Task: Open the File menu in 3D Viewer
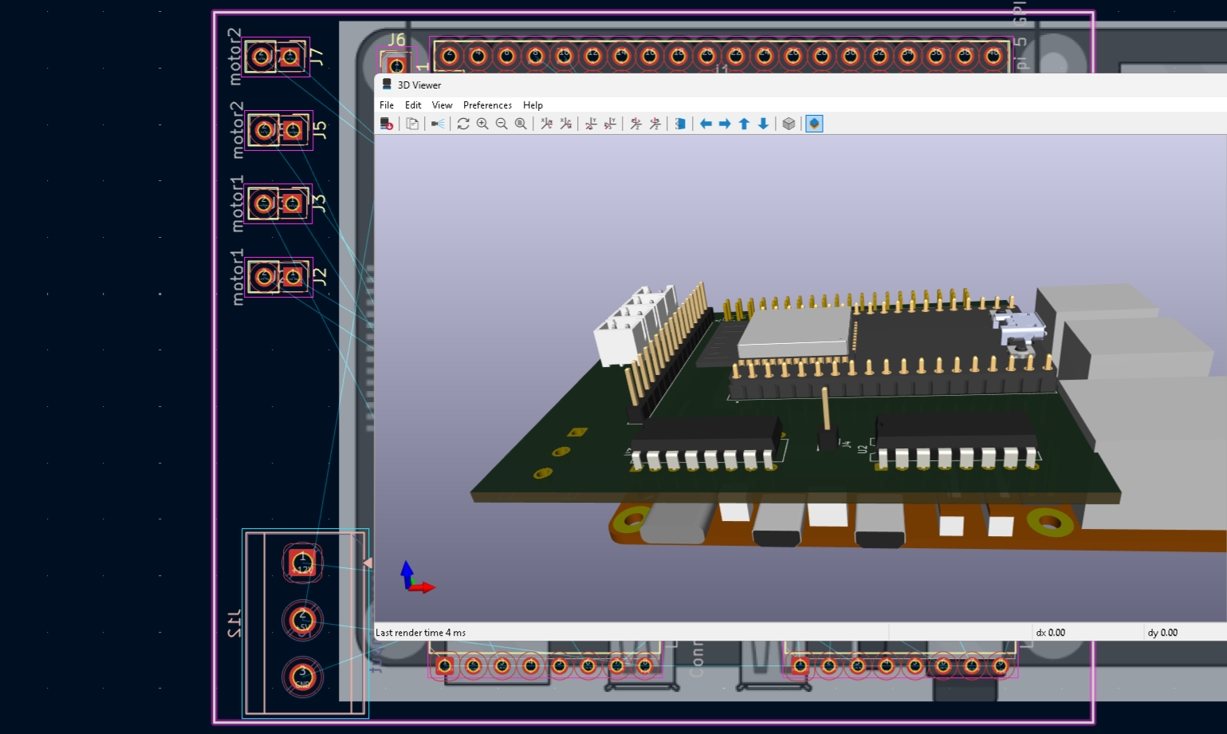tap(387, 105)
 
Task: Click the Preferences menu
tap(487, 105)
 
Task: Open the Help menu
tap(533, 105)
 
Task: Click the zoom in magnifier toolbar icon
tap(482, 124)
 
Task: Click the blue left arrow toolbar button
tap(706, 124)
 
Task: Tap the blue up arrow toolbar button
tap(744, 124)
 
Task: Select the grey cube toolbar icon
tap(789, 124)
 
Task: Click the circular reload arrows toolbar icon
tap(463, 124)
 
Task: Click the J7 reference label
tap(317, 57)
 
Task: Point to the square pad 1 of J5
tap(293, 130)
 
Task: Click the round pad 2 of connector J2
tap(263, 277)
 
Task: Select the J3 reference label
tap(319, 203)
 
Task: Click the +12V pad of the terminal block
tap(302, 563)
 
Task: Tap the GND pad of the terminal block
tap(302, 677)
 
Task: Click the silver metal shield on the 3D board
tap(793, 331)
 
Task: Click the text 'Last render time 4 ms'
tap(420, 633)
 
